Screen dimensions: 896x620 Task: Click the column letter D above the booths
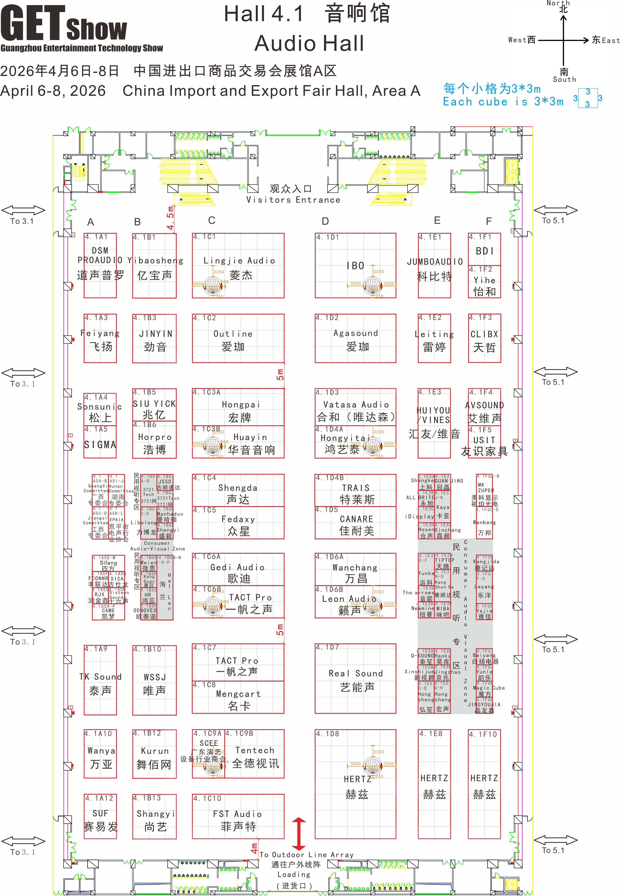click(x=325, y=221)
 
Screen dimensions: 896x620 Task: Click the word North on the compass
click(x=558, y=3)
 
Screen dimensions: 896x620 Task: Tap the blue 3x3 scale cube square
click(x=588, y=98)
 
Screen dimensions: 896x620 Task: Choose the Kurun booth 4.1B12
click(x=154, y=757)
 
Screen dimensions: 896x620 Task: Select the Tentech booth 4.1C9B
click(x=255, y=757)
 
